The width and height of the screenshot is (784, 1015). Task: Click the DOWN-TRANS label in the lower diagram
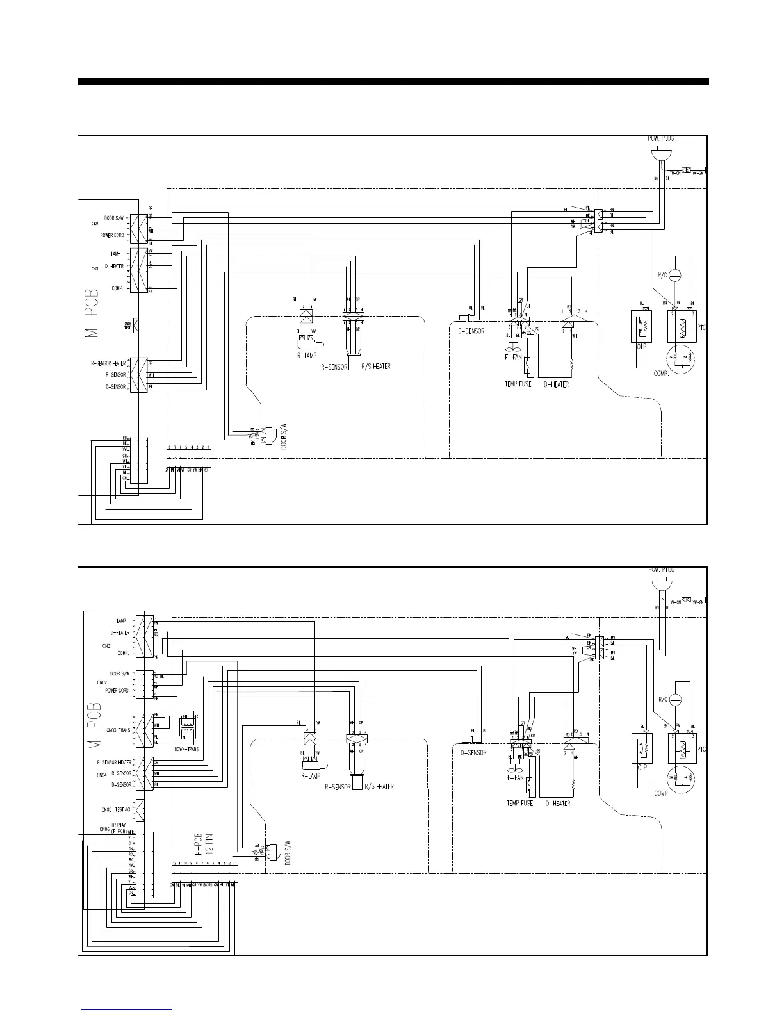click(x=186, y=748)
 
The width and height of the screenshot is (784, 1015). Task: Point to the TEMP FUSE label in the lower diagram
click(x=519, y=803)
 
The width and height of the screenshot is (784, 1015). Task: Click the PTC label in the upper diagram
click(x=701, y=327)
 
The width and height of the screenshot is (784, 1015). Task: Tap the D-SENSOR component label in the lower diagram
click(x=473, y=753)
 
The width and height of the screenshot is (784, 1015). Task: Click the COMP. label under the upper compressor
click(x=661, y=374)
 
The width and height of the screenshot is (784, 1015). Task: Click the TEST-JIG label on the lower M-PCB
click(x=123, y=809)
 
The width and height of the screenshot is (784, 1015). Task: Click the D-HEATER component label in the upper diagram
click(x=556, y=384)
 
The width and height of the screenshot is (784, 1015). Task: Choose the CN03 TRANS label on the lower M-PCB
click(x=118, y=730)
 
